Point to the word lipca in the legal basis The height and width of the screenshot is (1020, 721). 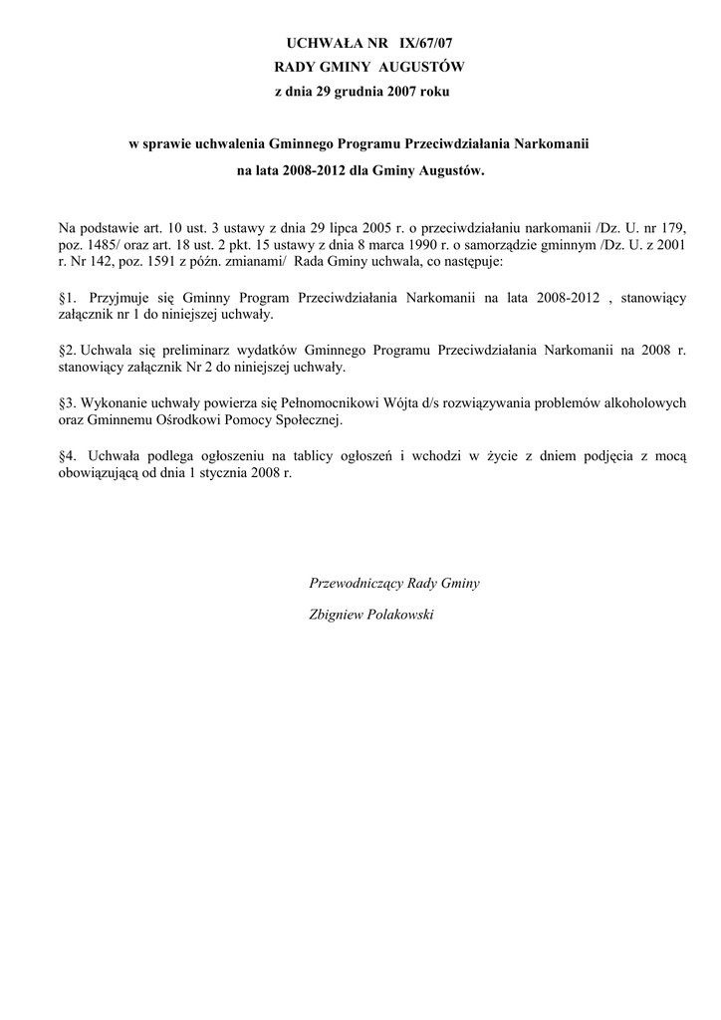[333, 229]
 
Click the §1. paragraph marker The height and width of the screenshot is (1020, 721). [70, 297]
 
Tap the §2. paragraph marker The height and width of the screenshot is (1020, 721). [69, 351]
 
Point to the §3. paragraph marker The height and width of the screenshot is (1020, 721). [69, 404]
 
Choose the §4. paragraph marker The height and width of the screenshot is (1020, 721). [70, 456]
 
